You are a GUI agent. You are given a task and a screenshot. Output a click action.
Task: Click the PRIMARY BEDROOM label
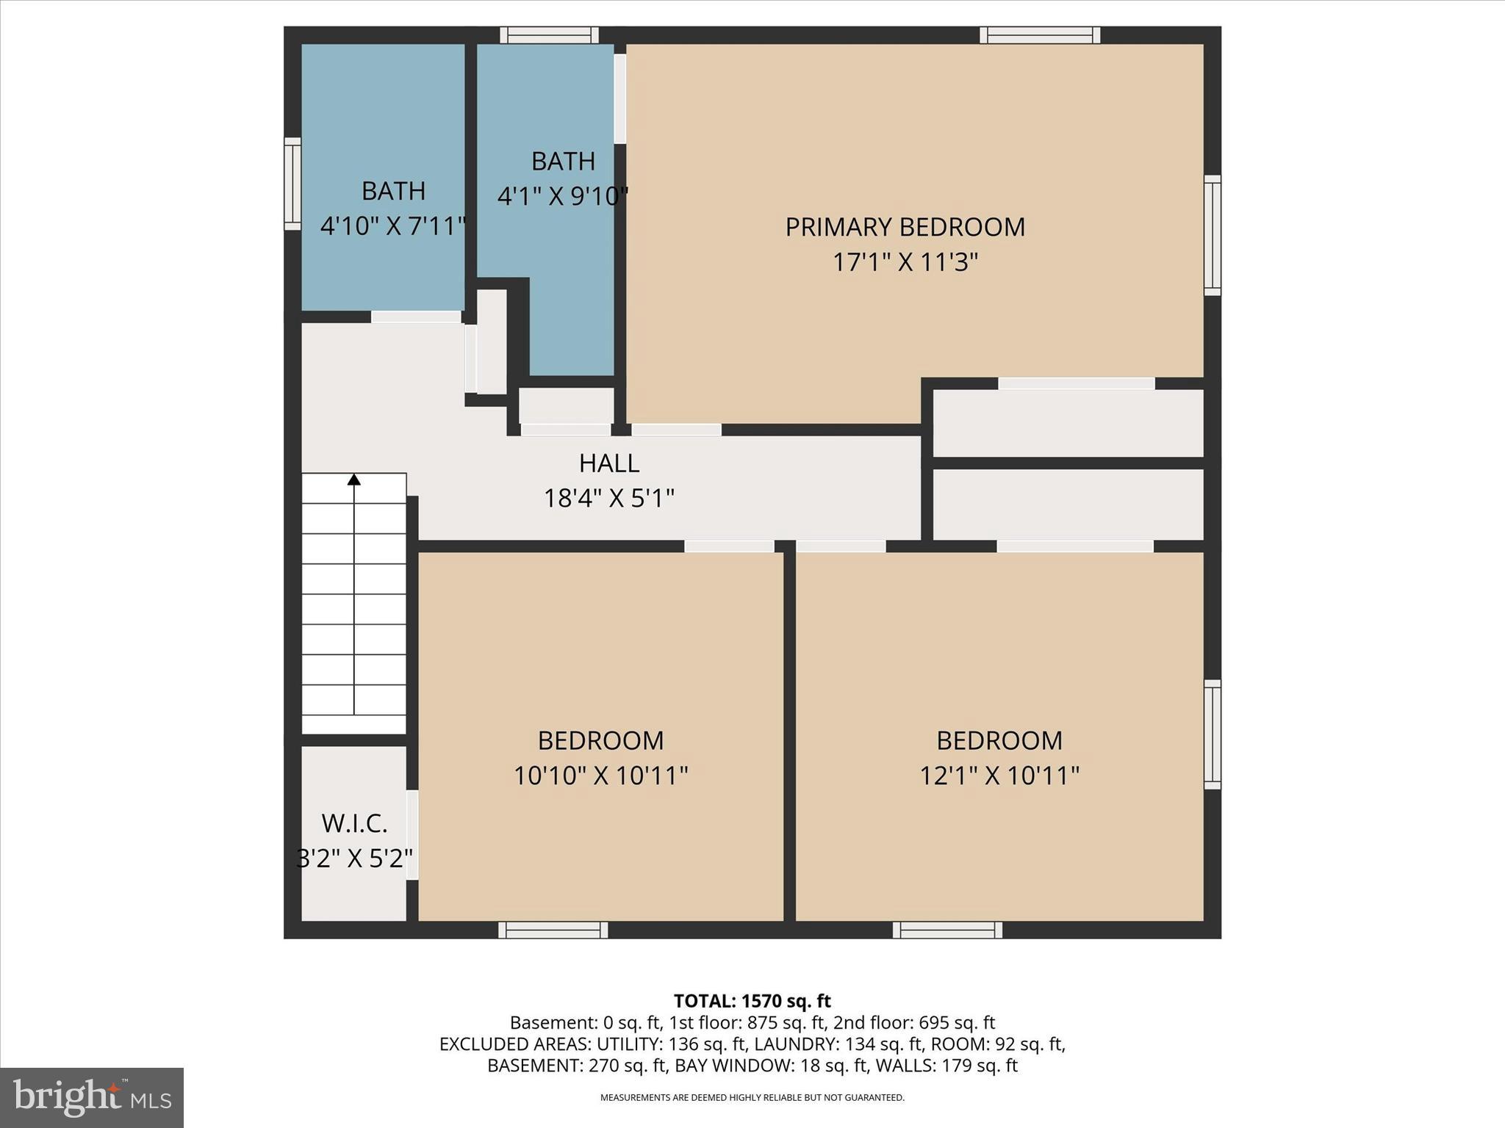(x=905, y=227)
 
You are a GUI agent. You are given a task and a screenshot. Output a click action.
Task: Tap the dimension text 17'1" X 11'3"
(x=905, y=262)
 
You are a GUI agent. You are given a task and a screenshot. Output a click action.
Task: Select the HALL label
(x=609, y=463)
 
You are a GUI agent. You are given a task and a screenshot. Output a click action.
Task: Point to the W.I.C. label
(x=354, y=824)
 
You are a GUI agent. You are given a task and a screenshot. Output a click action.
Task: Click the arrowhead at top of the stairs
(x=354, y=480)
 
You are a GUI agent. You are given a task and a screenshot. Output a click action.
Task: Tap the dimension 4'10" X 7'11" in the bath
(x=393, y=225)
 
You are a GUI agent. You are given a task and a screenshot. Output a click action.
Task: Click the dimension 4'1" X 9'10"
(x=563, y=196)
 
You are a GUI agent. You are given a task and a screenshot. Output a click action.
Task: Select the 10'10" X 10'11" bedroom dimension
(x=600, y=775)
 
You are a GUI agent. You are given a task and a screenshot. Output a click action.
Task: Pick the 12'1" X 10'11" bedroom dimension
(x=999, y=775)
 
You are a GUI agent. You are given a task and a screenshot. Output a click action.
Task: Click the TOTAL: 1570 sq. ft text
(x=752, y=1001)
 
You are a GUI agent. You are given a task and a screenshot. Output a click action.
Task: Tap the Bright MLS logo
(x=92, y=1097)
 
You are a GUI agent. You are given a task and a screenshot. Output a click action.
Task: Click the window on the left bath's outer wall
(x=292, y=184)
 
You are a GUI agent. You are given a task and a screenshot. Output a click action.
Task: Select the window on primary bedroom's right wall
(x=1212, y=235)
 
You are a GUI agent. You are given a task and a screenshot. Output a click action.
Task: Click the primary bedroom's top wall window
(x=1039, y=35)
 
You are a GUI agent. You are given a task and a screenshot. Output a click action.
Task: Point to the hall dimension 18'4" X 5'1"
(x=608, y=499)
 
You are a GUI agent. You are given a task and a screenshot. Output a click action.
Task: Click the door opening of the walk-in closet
(x=412, y=834)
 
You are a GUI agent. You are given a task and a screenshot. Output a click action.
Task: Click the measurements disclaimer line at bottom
(x=752, y=1098)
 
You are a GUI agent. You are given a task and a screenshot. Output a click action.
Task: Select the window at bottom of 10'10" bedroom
(x=553, y=930)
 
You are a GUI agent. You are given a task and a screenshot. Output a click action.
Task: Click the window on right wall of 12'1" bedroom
(x=1212, y=734)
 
